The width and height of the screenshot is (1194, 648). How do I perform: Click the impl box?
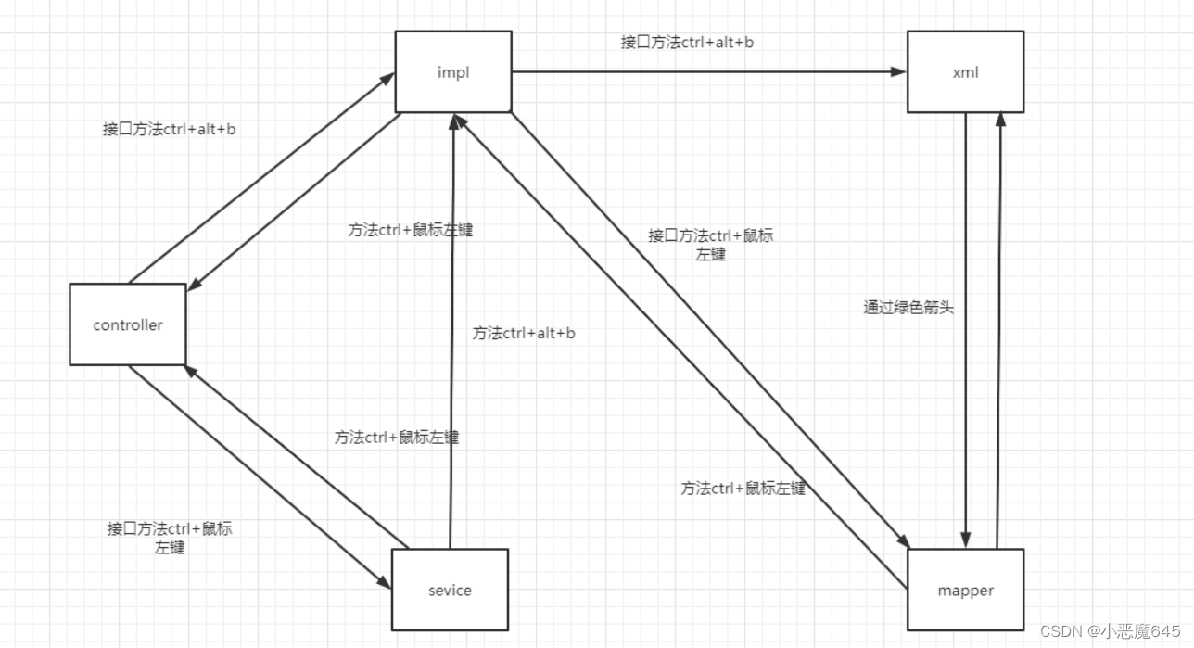[453, 71]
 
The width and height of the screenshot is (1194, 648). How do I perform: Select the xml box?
[965, 71]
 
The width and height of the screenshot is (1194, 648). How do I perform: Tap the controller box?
[128, 324]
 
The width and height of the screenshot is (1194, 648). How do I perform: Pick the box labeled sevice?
[450, 590]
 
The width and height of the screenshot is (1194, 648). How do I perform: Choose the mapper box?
[965, 590]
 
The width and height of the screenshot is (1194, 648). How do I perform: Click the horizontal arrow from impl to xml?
[708, 71]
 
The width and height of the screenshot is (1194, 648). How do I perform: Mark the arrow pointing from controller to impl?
[260, 180]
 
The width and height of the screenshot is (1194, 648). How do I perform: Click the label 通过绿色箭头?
[908, 308]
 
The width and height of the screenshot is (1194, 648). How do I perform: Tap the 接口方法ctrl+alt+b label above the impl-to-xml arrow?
[687, 42]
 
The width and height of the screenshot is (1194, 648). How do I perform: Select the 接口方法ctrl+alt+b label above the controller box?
[169, 130]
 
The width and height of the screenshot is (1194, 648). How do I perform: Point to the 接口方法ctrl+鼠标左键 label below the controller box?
[170, 538]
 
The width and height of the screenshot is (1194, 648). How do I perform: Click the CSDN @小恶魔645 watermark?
[1110, 631]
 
